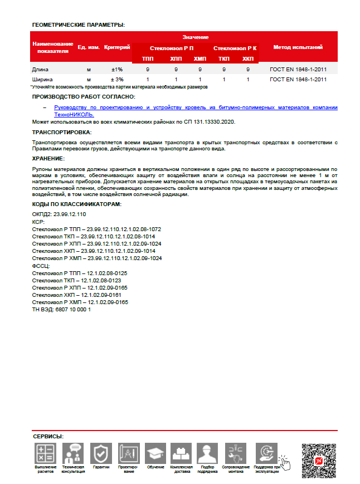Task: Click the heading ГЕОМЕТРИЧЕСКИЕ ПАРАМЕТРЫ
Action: (x=78, y=25)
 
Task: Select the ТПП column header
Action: (x=148, y=58)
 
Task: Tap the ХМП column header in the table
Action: (x=200, y=58)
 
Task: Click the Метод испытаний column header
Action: (x=298, y=47)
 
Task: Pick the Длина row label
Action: (x=41, y=70)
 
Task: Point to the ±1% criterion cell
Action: (x=117, y=70)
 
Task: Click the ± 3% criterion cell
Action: (x=117, y=80)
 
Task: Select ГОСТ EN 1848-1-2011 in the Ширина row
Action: (x=298, y=80)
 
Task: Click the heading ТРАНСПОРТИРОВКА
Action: (x=62, y=132)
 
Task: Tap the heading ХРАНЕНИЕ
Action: (x=48, y=159)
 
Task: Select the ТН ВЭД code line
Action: (x=62, y=309)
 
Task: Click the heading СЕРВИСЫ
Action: (x=48, y=436)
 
